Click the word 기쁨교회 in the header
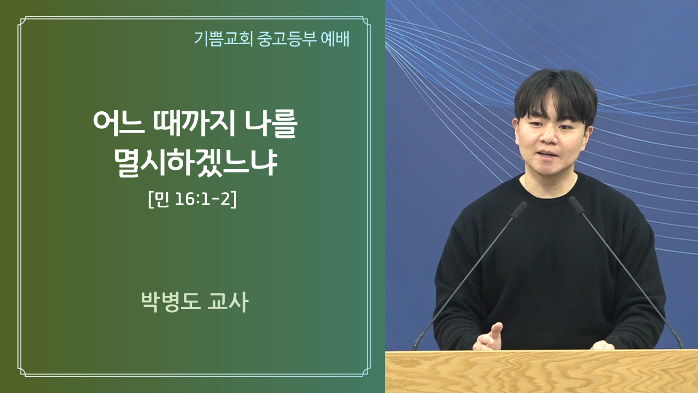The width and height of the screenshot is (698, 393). [224, 39]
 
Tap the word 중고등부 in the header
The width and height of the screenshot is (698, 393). [287, 39]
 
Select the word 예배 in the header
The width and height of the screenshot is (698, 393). [335, 39]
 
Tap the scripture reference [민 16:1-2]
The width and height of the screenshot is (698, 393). [192, 199]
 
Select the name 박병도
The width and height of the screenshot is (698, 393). [171, 302]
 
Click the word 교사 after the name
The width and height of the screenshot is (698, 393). [228, 302]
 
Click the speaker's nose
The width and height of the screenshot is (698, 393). [549, 136]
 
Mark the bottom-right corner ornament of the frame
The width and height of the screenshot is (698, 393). [365, 372]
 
